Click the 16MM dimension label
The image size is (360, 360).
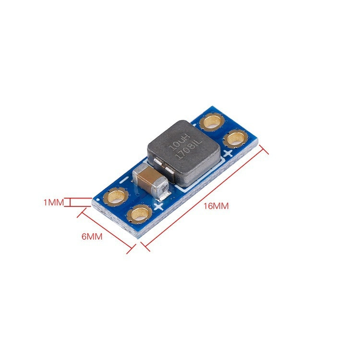[x=216, y=206]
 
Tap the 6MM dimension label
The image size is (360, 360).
[x=92, y=237]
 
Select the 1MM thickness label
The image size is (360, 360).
[x=53, y=203]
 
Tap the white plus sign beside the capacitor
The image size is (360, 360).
[x=159, y=207]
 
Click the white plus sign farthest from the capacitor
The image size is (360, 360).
[x=228, y=154]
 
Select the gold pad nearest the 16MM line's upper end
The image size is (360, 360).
[x=235, y=138]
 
